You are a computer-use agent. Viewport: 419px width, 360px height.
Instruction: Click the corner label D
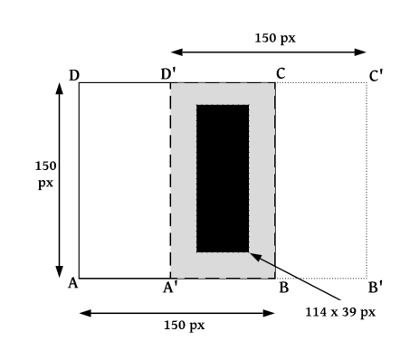pyautogui.click(x=74, y=74)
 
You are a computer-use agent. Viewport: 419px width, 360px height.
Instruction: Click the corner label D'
pyautogui.click(x=168, y=74)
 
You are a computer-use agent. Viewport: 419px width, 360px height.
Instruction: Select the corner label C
pyautogui.click(x=281, y=74)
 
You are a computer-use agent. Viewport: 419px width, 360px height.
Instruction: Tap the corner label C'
pyautogui.click(x=376, y=75)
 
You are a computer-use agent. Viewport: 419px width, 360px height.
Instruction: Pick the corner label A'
pyautogui.click(x=168, y=290)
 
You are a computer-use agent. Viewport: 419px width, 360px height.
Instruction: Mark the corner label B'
pyautogui.click(x=375, y=290)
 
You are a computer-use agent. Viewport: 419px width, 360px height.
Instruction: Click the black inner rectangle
pyautogui.click(x=223, y=178)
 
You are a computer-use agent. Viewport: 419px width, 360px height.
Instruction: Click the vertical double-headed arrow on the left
pyautogui.click(x=60, y=181)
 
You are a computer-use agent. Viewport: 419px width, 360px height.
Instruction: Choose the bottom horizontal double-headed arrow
pyautogui.click(x=176, y=313)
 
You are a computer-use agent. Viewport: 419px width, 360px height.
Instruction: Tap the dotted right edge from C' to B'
pyautogui.click(x=367, y=181)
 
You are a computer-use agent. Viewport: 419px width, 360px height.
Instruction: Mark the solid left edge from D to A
pyautogui.click(x=80, y=181)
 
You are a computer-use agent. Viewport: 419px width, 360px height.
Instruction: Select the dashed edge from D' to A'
pyautogui.click(x=170, y=181)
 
